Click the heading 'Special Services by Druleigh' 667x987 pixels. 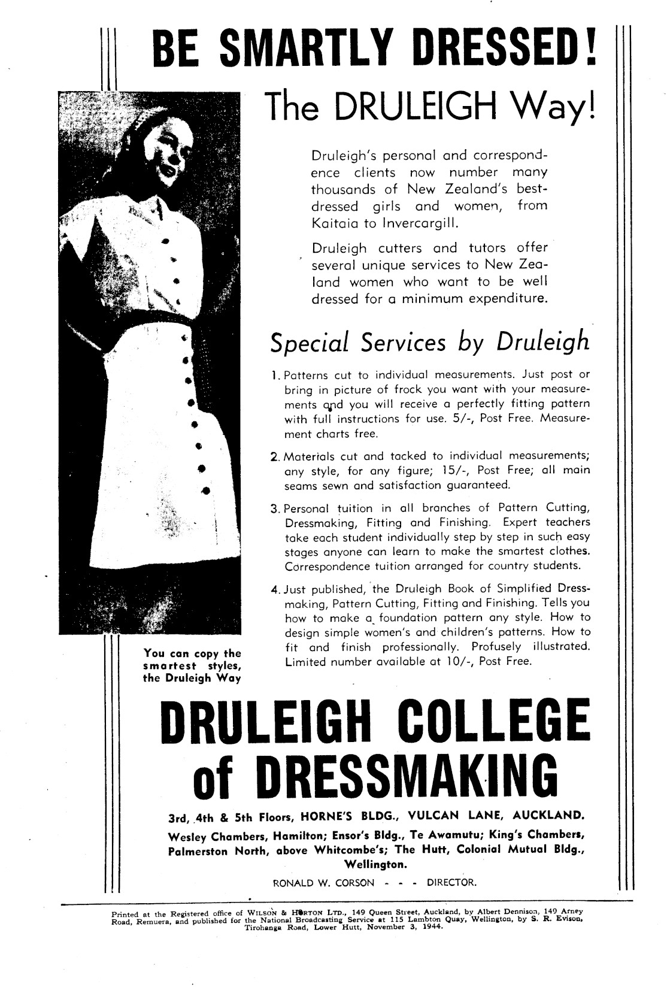point(429,343)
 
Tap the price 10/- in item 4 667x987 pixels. point(457,662)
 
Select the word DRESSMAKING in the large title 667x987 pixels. point(409,775)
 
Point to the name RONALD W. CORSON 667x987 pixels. point(323,883)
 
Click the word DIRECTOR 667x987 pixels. point(451,883)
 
